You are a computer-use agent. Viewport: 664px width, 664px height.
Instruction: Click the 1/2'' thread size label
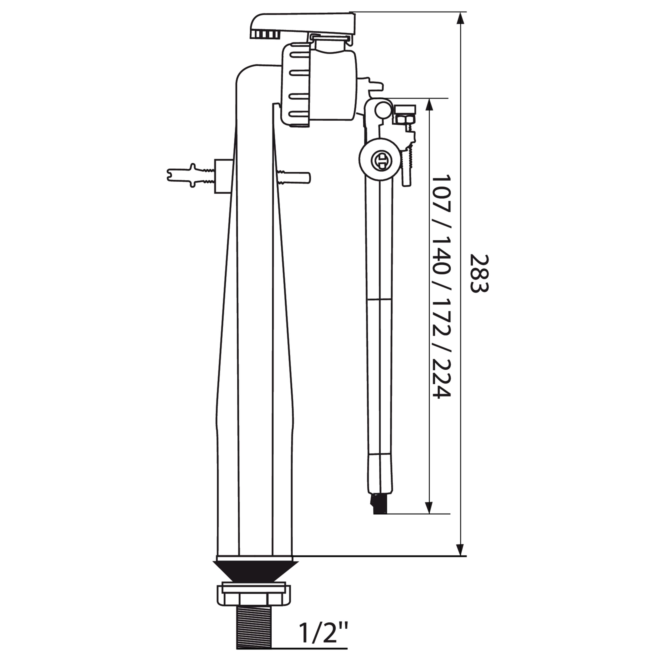(323, 632)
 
